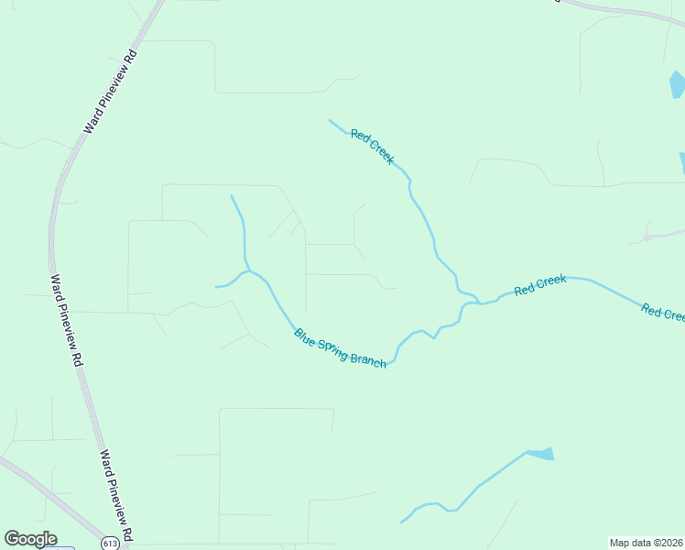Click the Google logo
point(30,539)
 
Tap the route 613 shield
point(111,544)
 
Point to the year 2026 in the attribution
point(670,543)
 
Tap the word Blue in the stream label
point(305,335)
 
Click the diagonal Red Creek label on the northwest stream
point(373,147)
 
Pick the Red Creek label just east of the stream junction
point(540,285)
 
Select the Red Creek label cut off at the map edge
point(663,313)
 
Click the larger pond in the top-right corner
point(677,84)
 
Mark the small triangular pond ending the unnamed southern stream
point(541,454)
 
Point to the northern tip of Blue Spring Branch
point(232,195)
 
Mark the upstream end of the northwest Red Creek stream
point(330,120)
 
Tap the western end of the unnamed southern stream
point(401,522)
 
